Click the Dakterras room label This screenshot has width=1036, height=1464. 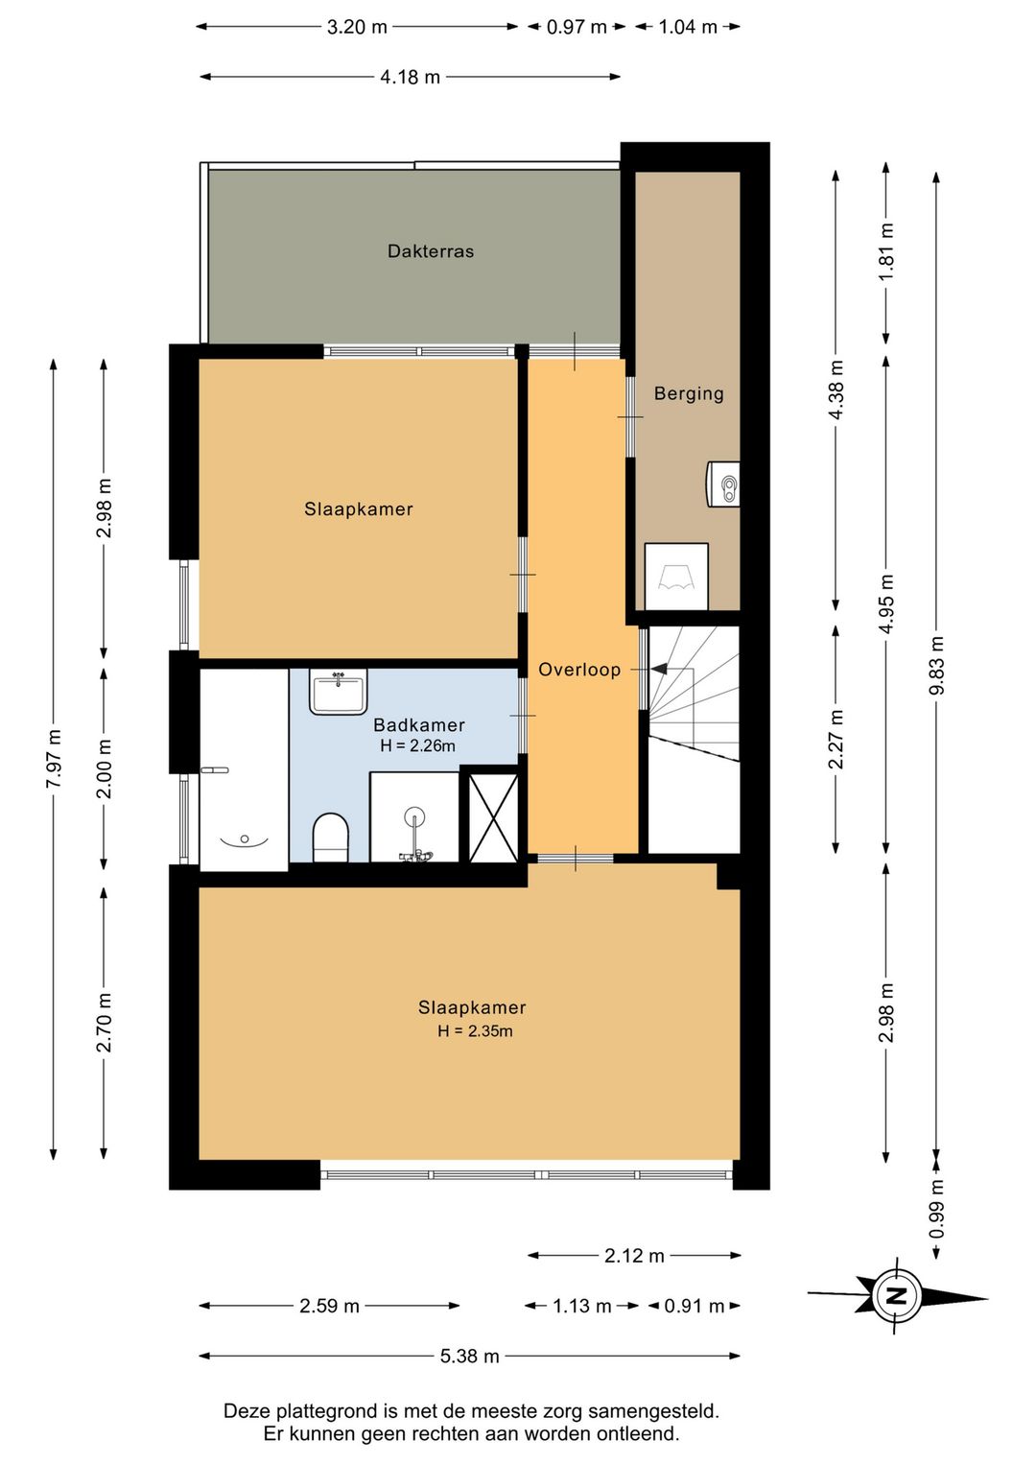click(430, 251)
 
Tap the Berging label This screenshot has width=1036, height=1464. click(689, 393)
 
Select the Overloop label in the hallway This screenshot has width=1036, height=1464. click(579, 670)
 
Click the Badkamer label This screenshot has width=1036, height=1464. click(419, 725)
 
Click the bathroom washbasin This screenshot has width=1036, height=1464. click(338, 691)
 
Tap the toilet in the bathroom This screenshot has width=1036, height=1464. click(331, 838)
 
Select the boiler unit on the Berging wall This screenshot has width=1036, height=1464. click(723, 484)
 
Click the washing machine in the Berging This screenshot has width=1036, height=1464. click(676, 577)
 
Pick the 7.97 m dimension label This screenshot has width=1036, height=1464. click(54, 759)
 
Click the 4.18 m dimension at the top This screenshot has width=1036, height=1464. click(410, 77)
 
